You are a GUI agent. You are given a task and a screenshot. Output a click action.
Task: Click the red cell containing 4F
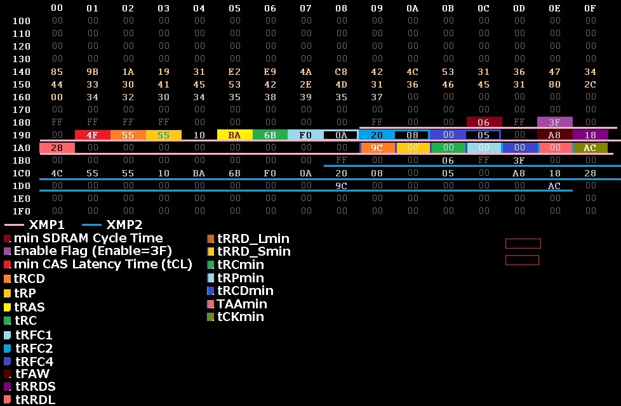coord(93,135)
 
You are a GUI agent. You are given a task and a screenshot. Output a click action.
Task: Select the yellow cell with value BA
coord(235,135)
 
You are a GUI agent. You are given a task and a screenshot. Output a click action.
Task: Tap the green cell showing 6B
coord(270,135)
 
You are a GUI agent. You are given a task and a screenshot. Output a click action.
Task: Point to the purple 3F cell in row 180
coord(555,122)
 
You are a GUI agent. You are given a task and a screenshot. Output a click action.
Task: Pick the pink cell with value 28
coord(57,148)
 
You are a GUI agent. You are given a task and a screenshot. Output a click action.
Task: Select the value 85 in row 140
coord(57,72)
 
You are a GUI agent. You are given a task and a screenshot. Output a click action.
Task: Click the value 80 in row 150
coord(555,84)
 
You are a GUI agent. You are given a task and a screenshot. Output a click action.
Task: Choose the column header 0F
coord(591,8)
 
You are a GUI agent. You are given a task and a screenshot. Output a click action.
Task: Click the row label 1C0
coord(22,173)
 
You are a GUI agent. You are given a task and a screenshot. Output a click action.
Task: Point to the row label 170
coord(22,110)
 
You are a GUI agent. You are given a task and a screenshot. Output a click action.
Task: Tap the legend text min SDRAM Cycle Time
coord(88,239)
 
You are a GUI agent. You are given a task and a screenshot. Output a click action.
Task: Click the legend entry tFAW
coord(32,374)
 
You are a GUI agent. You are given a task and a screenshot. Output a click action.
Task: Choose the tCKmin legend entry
coord(241,317)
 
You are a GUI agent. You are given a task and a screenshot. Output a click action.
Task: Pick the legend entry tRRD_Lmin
coord(253,239)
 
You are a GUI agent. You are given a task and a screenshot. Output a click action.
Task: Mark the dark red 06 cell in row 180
coord(484,122)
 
